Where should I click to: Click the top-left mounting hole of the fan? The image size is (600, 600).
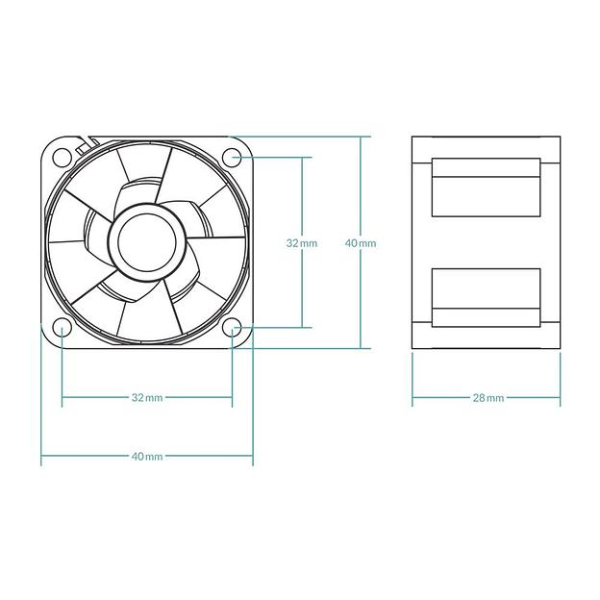[62, 156]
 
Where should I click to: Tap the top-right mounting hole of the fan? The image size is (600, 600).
[232, 156]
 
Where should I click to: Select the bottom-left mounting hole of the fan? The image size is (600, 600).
[62, 328]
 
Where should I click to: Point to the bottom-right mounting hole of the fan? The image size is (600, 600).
[232, 328]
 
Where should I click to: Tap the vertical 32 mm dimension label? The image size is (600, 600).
[301, 243]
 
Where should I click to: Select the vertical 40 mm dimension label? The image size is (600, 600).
[361, 243]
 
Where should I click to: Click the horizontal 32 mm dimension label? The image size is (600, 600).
[146, 397]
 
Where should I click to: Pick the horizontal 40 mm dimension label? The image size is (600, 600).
[146, 456]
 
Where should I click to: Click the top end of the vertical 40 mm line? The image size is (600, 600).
[362, 137]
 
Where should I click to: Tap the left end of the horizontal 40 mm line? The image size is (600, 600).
[41, 456]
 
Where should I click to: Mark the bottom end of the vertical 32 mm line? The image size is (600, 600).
[302, 328]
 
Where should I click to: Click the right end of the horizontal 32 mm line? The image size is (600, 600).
[232, 397]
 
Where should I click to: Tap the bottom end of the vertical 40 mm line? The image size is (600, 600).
[362, 348]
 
